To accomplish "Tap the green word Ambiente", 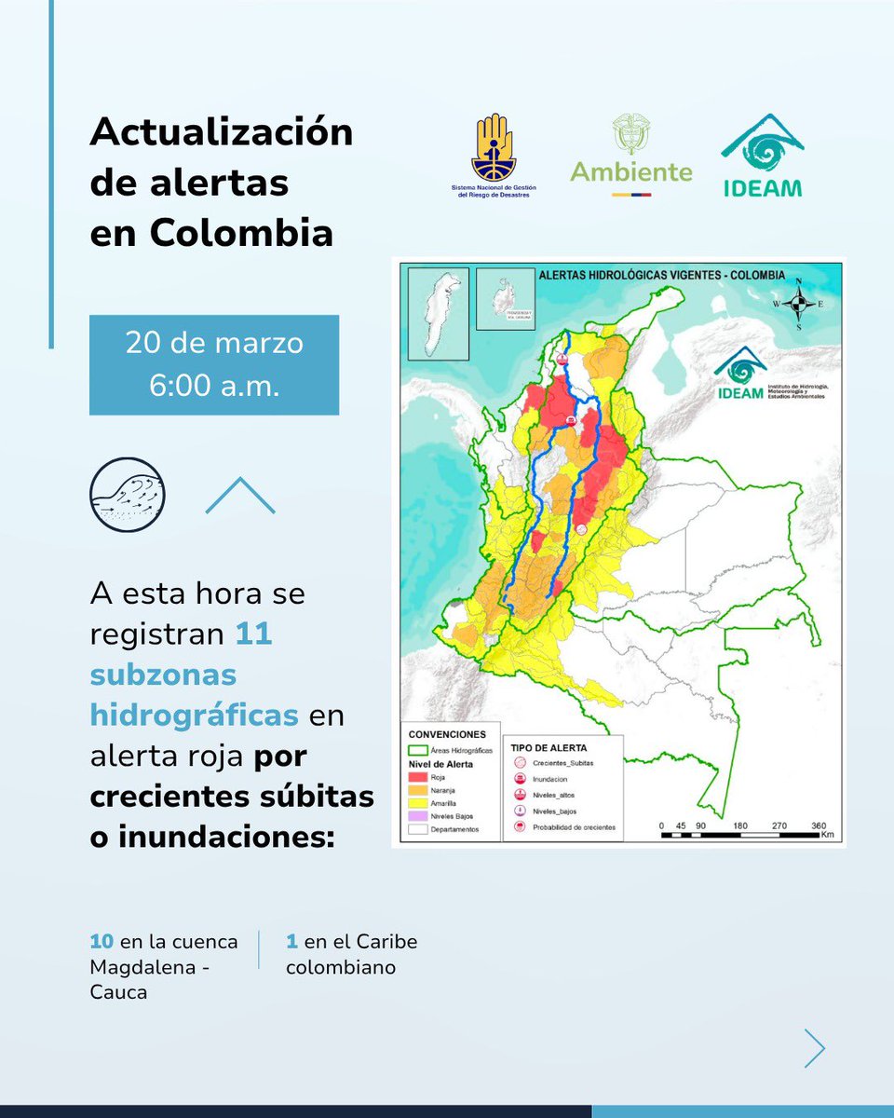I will tap(631, 172).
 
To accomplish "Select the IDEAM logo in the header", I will tap(761, 156).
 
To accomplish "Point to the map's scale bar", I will tap(742, 833).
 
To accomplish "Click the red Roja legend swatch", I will tap(416, 776).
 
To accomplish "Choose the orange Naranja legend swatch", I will tap(416, 789).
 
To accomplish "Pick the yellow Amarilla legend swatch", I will tap(416, 802).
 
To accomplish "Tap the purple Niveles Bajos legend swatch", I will tap(416, 815).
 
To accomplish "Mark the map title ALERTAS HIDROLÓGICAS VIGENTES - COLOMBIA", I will tap(662, 276).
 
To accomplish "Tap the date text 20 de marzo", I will tap(214, 343).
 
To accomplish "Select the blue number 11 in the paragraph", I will tap(253, 634).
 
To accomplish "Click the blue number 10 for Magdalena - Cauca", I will tap(101, 941).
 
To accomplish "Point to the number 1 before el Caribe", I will tap(291, 941).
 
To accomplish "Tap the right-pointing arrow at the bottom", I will tap(815, 1048).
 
